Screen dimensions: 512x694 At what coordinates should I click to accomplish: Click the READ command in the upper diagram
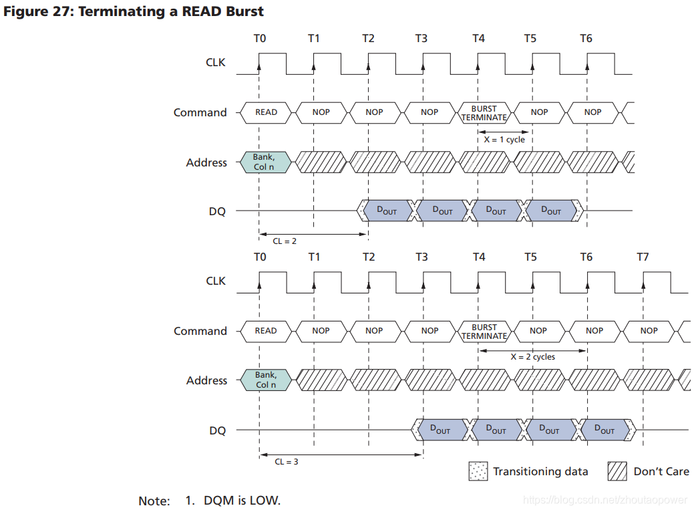(x=266, y=112)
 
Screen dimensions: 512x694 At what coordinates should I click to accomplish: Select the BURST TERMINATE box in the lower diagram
(x=484, y=332)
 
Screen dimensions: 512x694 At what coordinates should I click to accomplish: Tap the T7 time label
(x=643, y=257)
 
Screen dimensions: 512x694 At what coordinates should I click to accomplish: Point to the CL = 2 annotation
(x=285, y=241)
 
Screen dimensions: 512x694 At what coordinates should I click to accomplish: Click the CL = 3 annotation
(x=287, y=461)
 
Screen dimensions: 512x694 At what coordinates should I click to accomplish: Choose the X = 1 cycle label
(x=504, y=140)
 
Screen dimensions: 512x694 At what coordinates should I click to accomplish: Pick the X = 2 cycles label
(x=532, y=357)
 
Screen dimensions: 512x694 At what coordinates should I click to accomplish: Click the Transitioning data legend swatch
(x=478, y=471)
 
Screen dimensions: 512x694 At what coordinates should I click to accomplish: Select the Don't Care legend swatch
(x=617, y=471)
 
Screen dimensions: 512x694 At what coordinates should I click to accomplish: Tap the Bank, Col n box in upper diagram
(x=265, y=162)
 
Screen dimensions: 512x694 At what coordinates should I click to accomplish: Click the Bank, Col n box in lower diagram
(x=266, y=380)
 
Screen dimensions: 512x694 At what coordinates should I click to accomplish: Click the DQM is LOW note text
(x=242, y=500)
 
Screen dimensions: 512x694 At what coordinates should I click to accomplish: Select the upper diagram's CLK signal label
(x=216, y=63)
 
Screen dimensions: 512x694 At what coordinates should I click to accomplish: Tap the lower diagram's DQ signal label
(x=218, y=431)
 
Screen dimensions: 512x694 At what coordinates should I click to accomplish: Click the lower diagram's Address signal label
(x=206, y=380)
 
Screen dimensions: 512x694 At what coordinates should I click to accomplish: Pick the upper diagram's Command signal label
(x=200, y=112)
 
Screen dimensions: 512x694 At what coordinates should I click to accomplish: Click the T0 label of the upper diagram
(x=260, y=38)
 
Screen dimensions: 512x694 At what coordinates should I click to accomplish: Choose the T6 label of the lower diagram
(x=586, y=257)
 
